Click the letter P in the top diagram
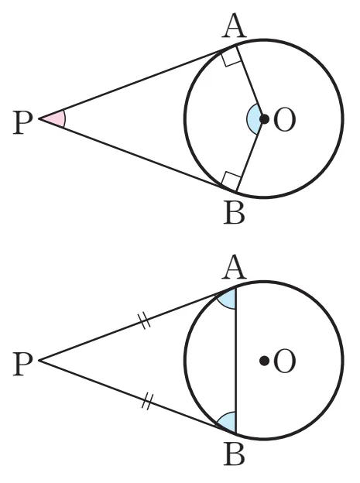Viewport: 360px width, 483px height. (x=22, y=122)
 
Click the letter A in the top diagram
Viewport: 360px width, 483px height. (x=234, y=26)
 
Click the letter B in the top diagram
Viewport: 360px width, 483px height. (x=234, y=212)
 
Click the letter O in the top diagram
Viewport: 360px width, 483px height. (x=284, y=120)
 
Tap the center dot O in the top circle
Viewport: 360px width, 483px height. (x=264, y=119)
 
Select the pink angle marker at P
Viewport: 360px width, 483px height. (x=56, y=118)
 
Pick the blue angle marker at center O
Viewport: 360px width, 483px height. (x=253, y=119)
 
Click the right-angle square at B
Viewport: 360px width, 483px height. (x=231, y=181)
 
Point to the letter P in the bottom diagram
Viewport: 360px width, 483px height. (x=22, y=364)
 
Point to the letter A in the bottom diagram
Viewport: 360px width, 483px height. (x=234, y=267)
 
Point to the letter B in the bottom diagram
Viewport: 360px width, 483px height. (x=234, y=454)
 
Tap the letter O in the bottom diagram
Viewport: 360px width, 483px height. (x=284, y=361)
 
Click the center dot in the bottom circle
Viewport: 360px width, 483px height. (x=264, y=361)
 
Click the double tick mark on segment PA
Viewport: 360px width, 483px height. (x=144, y=320)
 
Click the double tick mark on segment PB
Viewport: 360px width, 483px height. (x=147, y=402)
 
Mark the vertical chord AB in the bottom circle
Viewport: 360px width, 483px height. (x=236, y=360)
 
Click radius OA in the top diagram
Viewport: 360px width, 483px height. (x=250, y=82)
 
